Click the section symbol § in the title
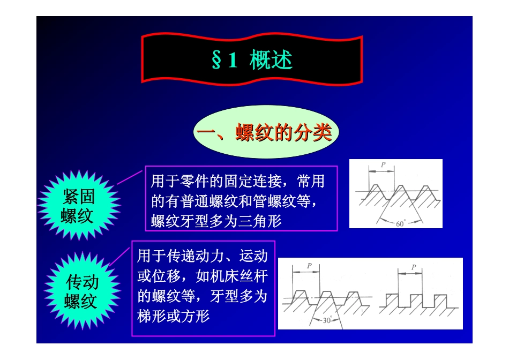coord(217,61)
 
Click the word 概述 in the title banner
coord(271,61)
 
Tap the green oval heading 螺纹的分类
coord(266,132)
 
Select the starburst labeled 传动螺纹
coord(81,291)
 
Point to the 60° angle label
coord(401,224)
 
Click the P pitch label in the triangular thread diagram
coord(383,165)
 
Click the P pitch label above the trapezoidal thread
coord(309,266)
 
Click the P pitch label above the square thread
coord(413,267)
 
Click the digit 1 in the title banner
coord(232,61)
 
